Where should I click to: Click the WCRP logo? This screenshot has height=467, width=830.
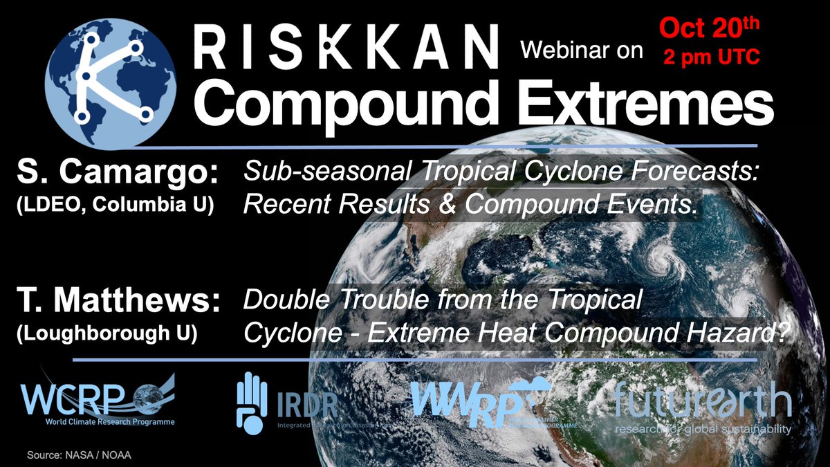[97, 401]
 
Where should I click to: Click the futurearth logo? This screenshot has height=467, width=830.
[702, 408]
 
